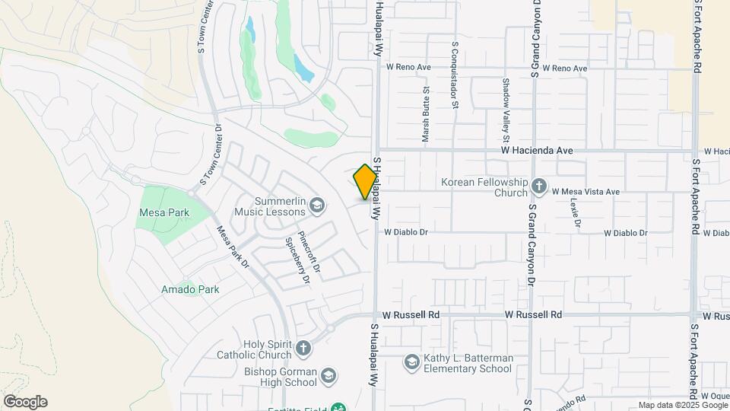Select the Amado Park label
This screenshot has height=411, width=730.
click(x=190, y=289)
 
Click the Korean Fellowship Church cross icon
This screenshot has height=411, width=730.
click(x=539, y=186)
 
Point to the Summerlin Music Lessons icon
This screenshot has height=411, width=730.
click(x=317, y=205)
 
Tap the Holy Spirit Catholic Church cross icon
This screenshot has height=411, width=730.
click(x=303, y=349)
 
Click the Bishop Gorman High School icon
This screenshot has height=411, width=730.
click(x=327, y=376)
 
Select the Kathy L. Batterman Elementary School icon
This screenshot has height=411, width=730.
click(x=411, y=362)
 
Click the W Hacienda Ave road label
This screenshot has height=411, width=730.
click(x=537, y=151)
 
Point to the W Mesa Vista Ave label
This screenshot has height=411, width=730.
click(x=586, y=192)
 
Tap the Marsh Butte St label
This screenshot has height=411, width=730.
click(x=426, y=114)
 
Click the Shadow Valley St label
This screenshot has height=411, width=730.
click(x=505, y=110)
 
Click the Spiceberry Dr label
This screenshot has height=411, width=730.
click(x=297, y=260)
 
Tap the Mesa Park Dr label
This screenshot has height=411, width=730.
click(x=233, y=247)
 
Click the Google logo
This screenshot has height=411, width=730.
click(x=25, y=402)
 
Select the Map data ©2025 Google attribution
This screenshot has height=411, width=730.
click(x=683, y=406)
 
